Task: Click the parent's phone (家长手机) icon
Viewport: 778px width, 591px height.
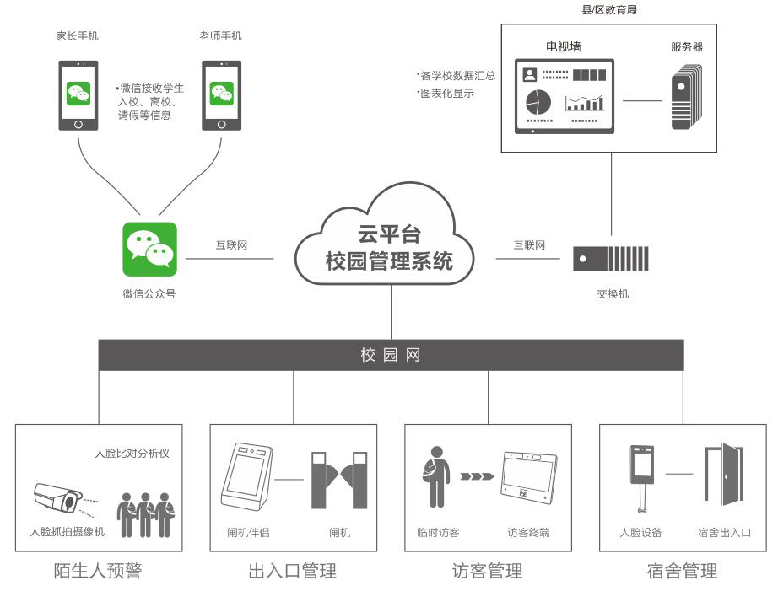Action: (x=78, y=94)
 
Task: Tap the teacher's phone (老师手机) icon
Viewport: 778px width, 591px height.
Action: (x=221, y=94)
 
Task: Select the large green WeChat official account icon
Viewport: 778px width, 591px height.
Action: (x=149, y=249)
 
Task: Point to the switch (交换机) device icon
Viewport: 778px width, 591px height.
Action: (x=610, y=258)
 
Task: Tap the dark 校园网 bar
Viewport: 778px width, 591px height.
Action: (x=390, y=355)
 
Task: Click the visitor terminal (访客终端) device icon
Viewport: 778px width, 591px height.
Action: (x=529, y=481)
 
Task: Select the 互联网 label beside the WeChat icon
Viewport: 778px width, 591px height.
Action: (x=231, y=245)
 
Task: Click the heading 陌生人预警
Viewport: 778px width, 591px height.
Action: (x=99, y=572)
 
